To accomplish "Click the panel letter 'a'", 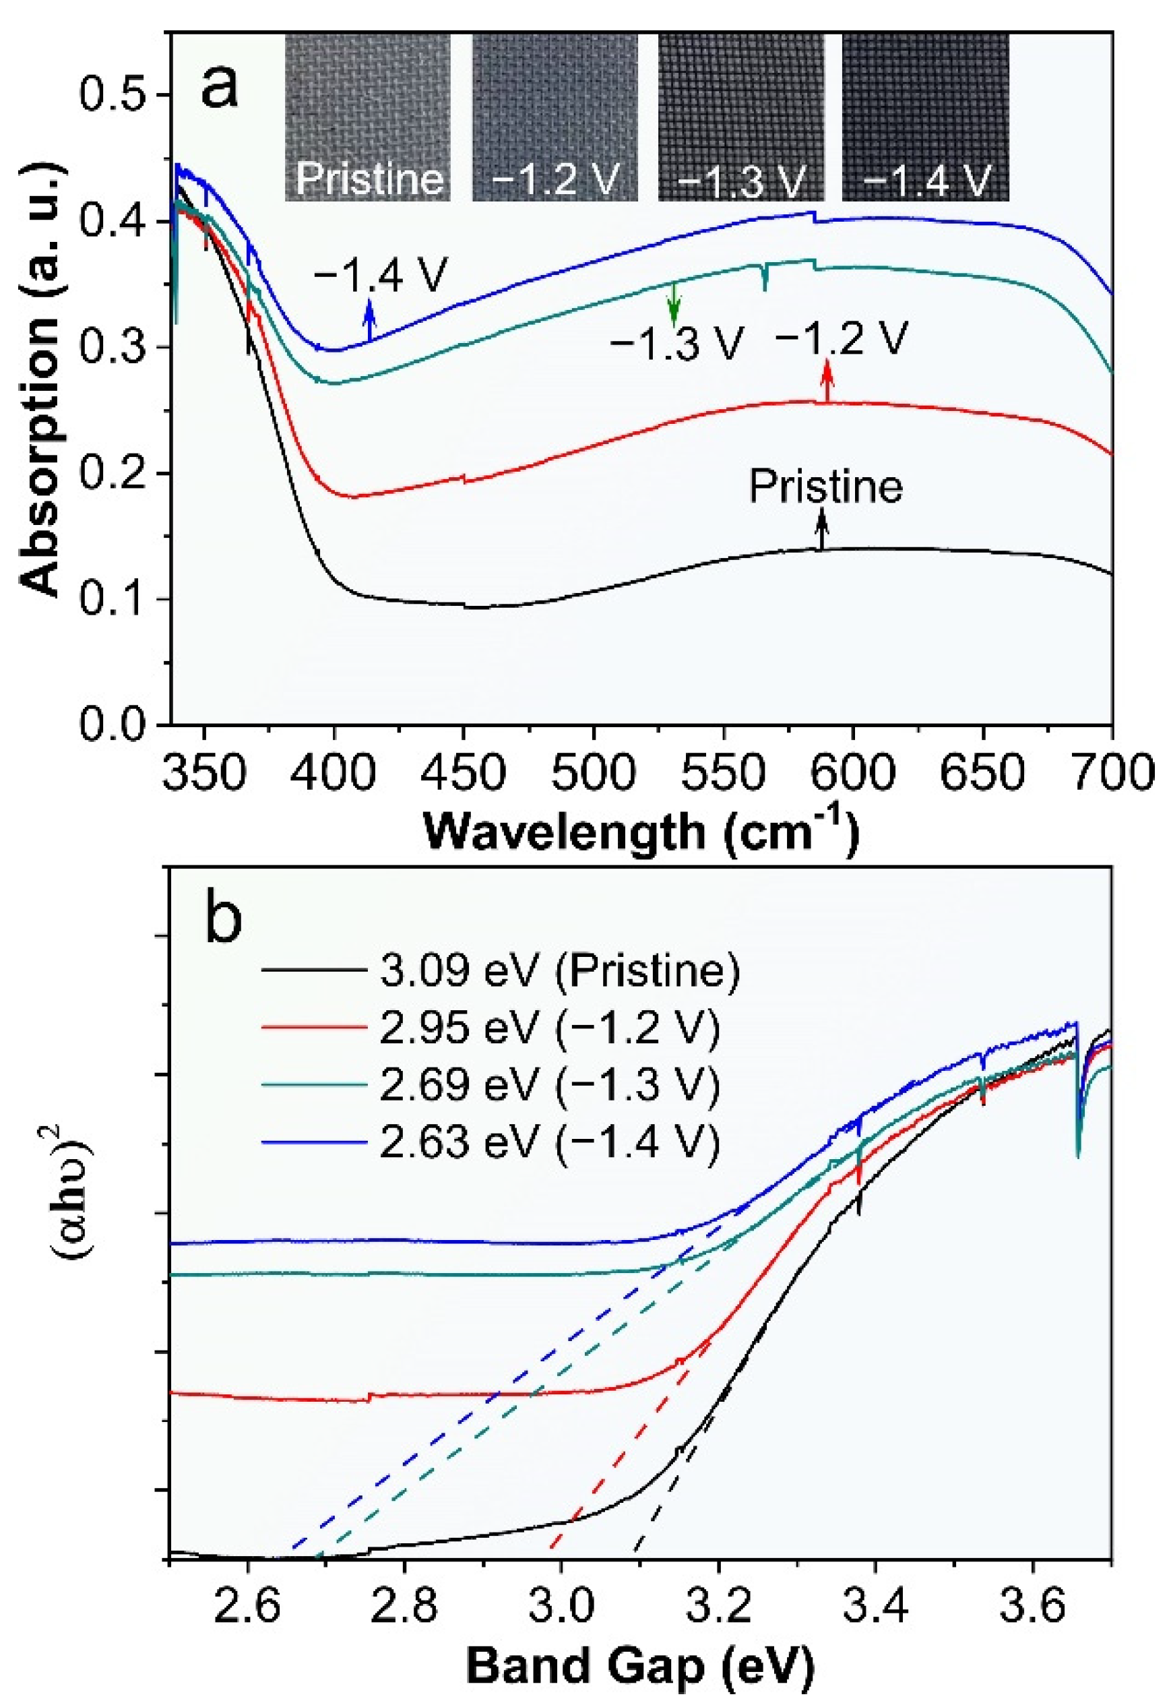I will (x=220, y=84).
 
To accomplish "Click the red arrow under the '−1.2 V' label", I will (x=827, y=380).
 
